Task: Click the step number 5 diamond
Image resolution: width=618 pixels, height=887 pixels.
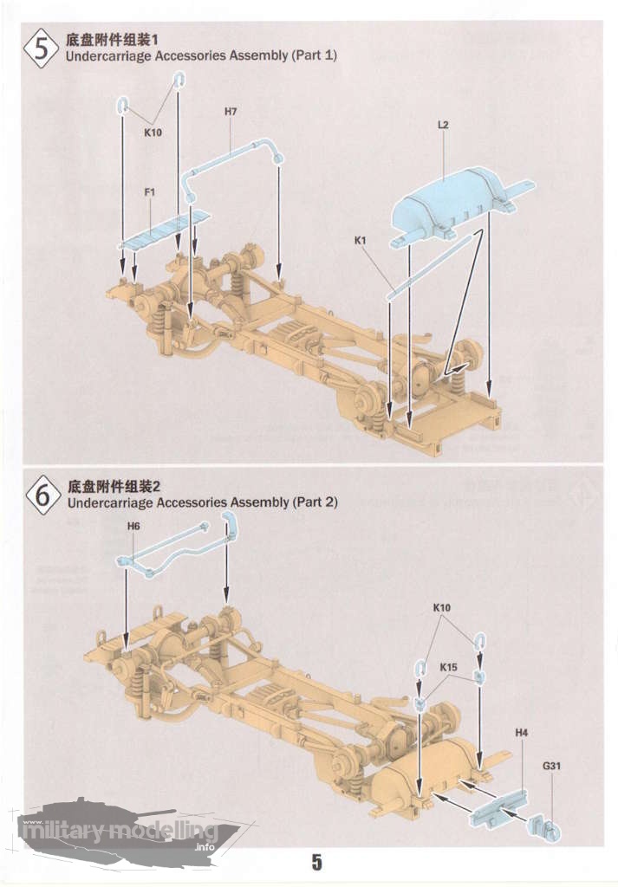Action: (x=42, y=49)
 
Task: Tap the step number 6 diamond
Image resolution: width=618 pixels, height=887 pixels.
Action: (x=43, y=495)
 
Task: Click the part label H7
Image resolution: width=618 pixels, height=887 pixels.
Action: (x=231, y=112)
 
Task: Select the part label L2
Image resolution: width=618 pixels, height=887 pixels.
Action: (x=443, y=125)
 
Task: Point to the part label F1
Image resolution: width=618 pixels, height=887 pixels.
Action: (x=149, y=192)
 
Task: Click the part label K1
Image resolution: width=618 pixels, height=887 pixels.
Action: (x=360, y=241)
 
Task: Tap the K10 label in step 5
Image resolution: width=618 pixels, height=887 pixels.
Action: (x=153, y=133)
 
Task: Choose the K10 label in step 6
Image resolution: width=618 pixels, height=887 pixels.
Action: (x=442, y=607)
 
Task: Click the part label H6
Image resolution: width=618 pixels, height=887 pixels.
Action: (x=133, y=526)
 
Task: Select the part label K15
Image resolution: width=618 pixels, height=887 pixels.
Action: (x=448, y=668)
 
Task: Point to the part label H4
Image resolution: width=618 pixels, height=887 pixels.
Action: (x=521, y=733)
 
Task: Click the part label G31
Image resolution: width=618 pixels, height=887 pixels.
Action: (x=551, y=766)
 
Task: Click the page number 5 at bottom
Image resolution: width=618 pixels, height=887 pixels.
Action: (x=317, y=862)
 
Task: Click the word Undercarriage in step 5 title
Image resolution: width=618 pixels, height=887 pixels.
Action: (x=108, y=55)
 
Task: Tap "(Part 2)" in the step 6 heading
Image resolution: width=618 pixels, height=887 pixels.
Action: (x=315, y=502)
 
